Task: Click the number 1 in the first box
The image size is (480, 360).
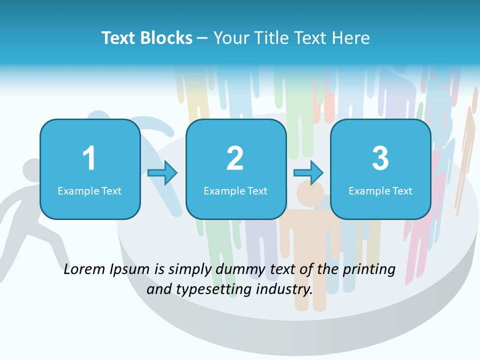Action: click(89, 158)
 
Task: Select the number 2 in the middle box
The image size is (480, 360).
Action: click(235, 158)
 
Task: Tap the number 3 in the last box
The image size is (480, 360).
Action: click(380, 158)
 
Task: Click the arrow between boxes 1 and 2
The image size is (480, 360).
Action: click(163, 173)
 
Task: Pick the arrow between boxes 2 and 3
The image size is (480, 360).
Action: click(308, 173)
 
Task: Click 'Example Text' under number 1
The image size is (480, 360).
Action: click(89, 190)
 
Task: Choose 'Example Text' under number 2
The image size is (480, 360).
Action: click(235, 190)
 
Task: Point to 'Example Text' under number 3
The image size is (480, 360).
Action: click(380, 190)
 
